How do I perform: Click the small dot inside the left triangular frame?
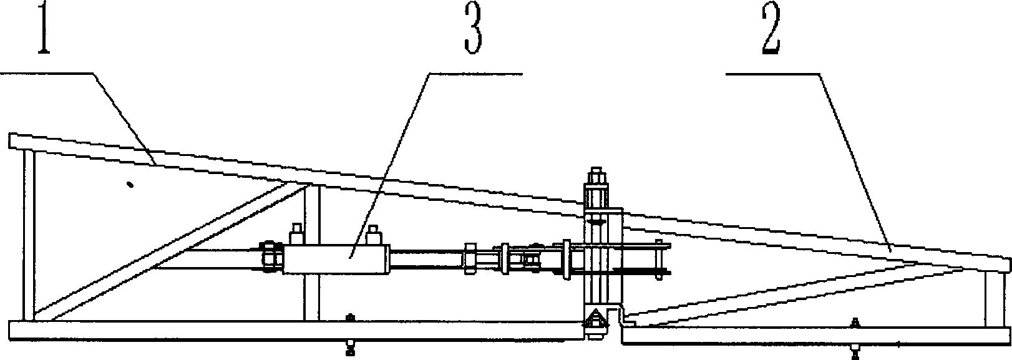[130, 184]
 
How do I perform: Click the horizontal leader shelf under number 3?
[474, 74]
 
